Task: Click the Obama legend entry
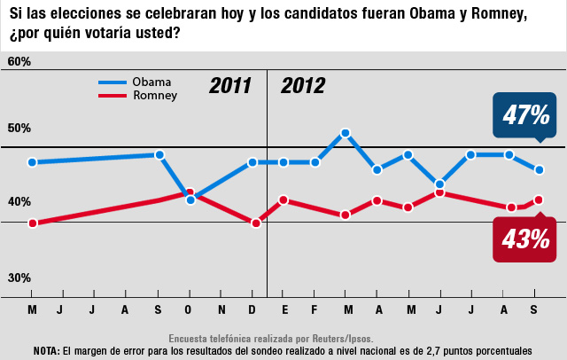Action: (151, 82)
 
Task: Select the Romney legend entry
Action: (154, 95)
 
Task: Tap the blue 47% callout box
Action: (525, 114)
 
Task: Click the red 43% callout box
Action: (525, 239)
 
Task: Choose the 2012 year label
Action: (303, 87)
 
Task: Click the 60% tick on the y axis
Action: (19, 62)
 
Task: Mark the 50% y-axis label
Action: (19, 128)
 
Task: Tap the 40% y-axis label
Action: (19, 202)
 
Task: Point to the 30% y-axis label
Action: (19, 278)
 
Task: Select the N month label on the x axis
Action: (221, 309)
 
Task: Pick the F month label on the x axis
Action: (315, 309)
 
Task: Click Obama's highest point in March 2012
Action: (346, 133)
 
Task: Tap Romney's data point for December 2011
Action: (256, 223)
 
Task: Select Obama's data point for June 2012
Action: (439, 184)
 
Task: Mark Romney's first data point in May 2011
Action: (33, 223)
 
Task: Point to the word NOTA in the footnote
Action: (46, 350)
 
